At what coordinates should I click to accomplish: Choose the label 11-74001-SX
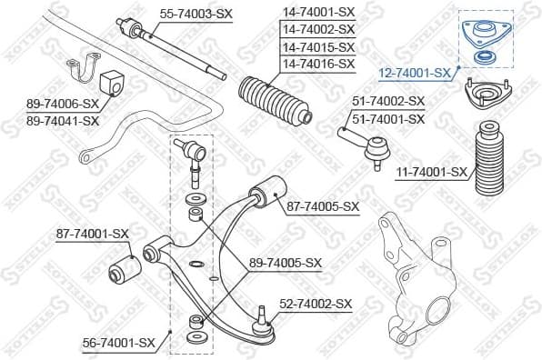coord(433,171)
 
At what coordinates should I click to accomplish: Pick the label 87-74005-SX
coord(322,206)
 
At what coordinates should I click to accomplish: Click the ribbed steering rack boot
coord(275,102)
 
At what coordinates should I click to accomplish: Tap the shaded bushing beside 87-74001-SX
coord(123,267)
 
